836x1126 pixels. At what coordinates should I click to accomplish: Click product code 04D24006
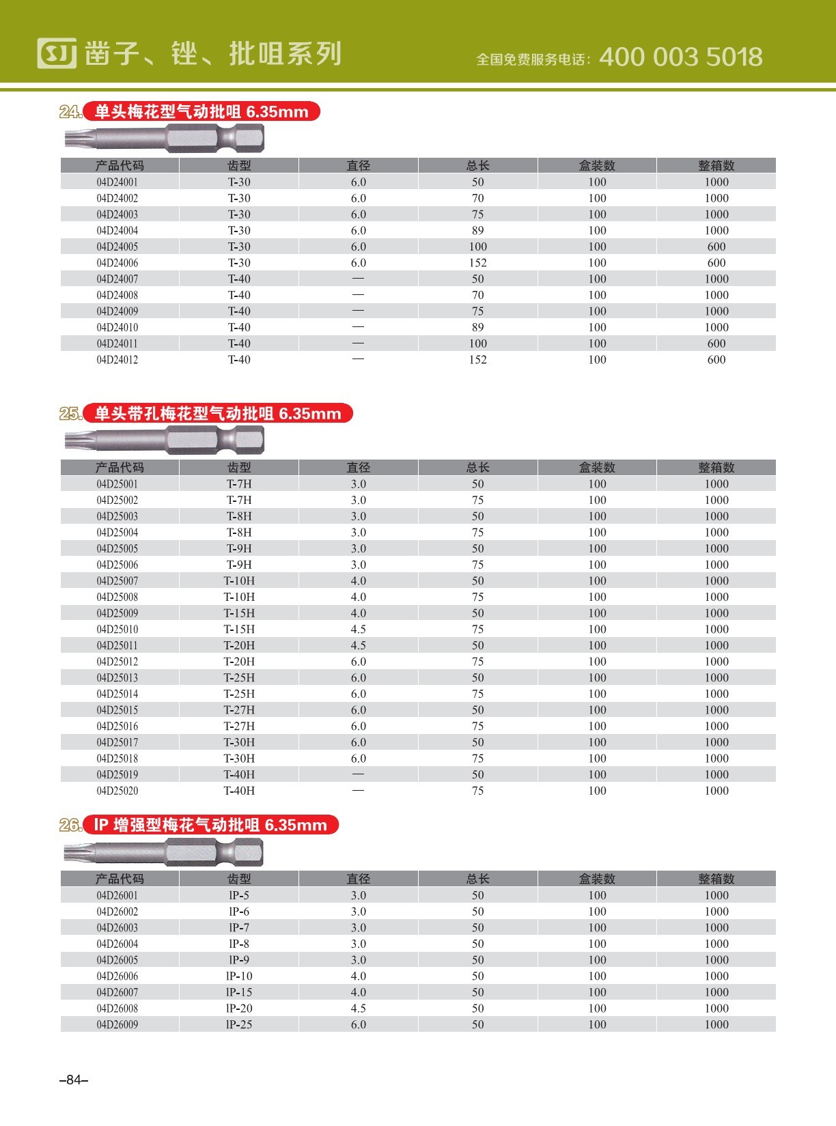pyautogui.click(x=117, y=263)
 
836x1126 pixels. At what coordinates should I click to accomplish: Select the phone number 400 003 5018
pyautogui.click(x=680, y=57)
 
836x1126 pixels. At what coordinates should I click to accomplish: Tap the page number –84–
pyautogui.click(x=74, y=1080)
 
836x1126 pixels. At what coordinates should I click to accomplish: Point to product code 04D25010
pyautogui.click(x=117, y=630)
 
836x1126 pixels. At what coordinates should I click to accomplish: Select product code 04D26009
pyautogui.click(x=117, y=1025)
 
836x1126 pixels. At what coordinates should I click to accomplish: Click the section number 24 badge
pyautogui.click(x=70, y=112)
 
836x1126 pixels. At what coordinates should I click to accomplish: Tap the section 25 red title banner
pyautogui.click(x=217, y=414)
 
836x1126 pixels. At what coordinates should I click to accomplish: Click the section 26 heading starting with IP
pyautogui.click(x=210, y=826)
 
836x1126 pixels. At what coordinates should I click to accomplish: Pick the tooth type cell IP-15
pyautogui.click(x=239, y=993)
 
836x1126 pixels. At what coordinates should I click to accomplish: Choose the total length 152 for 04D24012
pyautogui.click(x=477, y=360)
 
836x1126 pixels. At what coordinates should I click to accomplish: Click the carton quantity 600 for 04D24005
pyautogui.click(x=716, y=247)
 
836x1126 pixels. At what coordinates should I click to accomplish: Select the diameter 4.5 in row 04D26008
pyautogui.click(x=358, y=1009)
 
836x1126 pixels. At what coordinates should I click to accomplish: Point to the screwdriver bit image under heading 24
pyautogui.click(x=165, y=139)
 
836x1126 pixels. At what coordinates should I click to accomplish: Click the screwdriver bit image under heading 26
pyautogui.click(x=164, y=852)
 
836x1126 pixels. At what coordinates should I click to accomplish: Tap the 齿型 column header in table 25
pyautogui.click(x=239, y=468)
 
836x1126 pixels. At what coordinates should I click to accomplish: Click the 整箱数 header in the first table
pyautogui.click(x=716, y=166)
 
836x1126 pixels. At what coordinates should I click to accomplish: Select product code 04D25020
pyautogui.click(x=117, y=791)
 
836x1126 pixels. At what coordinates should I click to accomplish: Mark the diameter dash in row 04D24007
pyautogui.click(x=358, y=279)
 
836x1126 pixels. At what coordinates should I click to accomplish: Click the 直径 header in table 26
pyautogui.click(x=358, y=879)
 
